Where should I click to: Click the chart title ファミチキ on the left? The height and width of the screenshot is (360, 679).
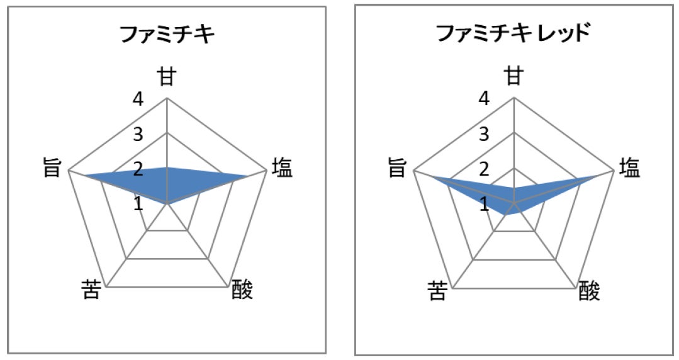167,35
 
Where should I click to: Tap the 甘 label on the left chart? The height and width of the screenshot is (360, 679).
167,77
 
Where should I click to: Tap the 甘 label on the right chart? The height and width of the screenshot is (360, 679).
514,77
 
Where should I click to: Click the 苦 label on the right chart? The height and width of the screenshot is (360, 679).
439,290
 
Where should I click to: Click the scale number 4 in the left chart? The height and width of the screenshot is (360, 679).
137,99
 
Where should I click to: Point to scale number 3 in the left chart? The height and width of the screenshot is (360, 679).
137,135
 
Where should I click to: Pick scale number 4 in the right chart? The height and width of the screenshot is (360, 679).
484,99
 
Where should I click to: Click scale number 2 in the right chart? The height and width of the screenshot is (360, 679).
484,169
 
